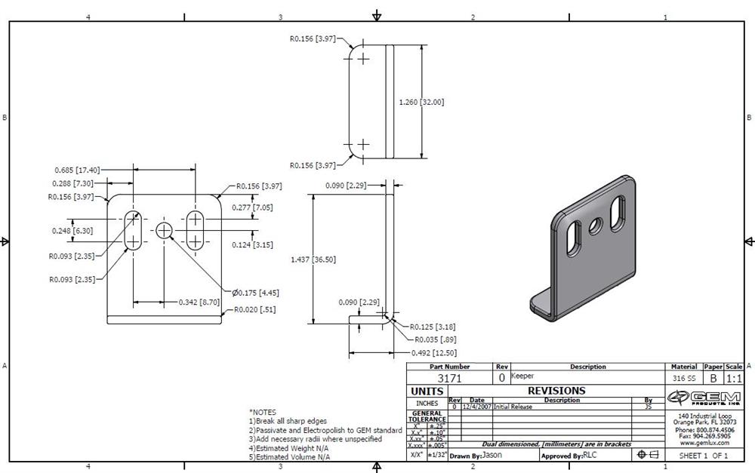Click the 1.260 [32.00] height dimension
tap(421, 102)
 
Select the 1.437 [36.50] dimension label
tap(313, 259)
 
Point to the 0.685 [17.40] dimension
tap(78, 170)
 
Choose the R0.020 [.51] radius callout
tap(254, 309)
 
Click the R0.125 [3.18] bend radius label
tap(432, 327)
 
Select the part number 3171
tap(449, 378)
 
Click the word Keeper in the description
tap(522, 376)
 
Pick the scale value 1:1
tap(733, 378)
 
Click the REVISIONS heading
tap(556, 391)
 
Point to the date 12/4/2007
tap(476, 407)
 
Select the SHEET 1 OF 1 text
tap(704, 456)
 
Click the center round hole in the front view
tap(165, 230)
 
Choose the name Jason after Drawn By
tap(492, 455)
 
